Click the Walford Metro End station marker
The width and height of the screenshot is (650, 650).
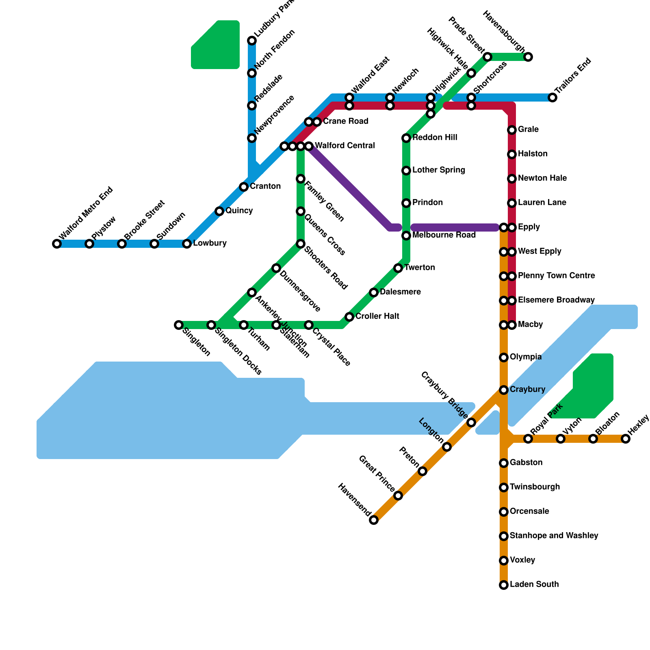pyautogui.click(x=57, y=244)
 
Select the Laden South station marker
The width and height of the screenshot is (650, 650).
pyautogui.click(x=504, y=585)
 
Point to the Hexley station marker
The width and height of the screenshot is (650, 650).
pyautogui.click(x=626, y=439)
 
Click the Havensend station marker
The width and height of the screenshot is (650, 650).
pyautogui.click(x=374, y=520)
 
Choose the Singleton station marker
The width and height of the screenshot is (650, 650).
pyautogui.click(x=179, y=325)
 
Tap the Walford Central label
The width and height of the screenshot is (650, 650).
pyautogui.click(x=344, y=145)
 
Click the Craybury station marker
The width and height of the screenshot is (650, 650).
pyautogui.click(x=504, y=390)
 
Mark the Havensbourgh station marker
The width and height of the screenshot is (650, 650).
pyautogui.click(x=528, y=57)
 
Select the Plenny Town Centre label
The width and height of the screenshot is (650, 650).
pyautogui.click(x=556, y=276)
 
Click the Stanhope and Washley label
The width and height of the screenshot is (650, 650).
pyautogui.click(x=554, y=536)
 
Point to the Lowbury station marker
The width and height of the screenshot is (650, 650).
pyautogui.click(x=187, y=244)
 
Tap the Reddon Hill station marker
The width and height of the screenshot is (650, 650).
pyautogui.click(x=406, y=138)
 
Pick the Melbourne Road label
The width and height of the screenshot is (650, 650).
pyautogui.click(x=444, y=235)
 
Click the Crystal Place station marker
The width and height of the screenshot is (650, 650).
pyautogui.click(x=309, y=325)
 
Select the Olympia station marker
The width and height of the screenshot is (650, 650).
pyautogui.click(x=504, y=357)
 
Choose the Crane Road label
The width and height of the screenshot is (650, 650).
pyautogui.click(x=345, y=121)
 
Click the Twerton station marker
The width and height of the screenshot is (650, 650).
pyautogui.click(x=398, y=268)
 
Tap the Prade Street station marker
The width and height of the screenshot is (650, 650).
pyautogui.click(x=487, y=57)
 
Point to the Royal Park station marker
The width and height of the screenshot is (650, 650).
pyautogui.click(x=528, y=439)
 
